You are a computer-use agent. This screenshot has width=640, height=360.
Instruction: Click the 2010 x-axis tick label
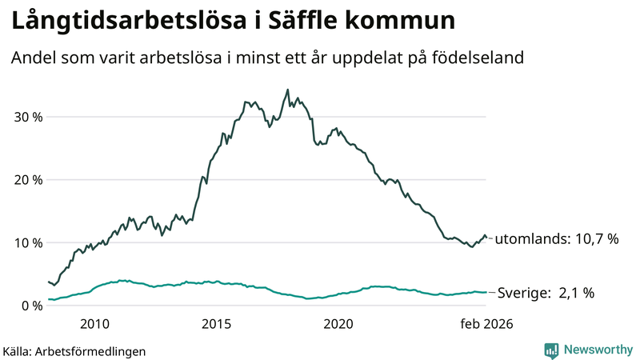(x=94, y=324)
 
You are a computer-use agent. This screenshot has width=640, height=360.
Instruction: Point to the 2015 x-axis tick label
(x=216, y=324)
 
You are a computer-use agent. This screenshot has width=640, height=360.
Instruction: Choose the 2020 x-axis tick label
(x=338, y=324)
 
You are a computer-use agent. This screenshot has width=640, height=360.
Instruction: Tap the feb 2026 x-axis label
(x=486, y=324)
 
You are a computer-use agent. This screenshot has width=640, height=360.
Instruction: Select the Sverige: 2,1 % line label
(x=546, y=293)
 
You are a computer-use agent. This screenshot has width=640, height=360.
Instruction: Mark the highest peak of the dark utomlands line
(x=287, y=90)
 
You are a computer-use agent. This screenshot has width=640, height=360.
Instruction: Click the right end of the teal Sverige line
(x=486, y=292)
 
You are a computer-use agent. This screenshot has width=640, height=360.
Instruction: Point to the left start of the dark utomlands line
(x=49, y=282)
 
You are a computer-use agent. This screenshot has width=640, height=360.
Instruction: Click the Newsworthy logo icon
(x=551, y=350)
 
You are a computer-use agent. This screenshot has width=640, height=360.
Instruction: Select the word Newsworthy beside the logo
(x=597, y=350)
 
